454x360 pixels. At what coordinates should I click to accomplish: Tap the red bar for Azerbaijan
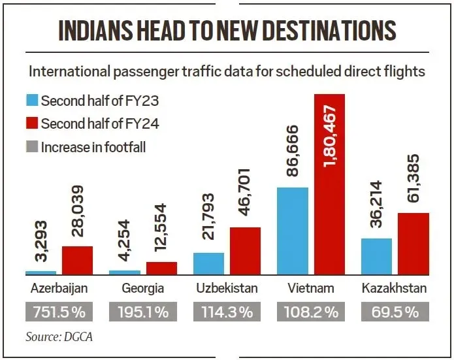(x=77, y=260)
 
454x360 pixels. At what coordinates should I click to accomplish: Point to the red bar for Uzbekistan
(x=245, y=251)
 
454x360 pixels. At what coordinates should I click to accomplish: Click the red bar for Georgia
(x=161, y=268)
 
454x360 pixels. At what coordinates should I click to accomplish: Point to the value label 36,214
(x=376, y=206)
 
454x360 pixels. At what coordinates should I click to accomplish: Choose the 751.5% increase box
(x=59, y=312)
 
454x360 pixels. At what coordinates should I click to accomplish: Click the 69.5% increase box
(x=394, y=312)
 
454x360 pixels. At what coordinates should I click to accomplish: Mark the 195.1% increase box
(x=142, y=312)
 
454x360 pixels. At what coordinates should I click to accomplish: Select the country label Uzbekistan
(x=227, y=288)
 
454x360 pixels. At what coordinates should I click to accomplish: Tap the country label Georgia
(x=142, y=288)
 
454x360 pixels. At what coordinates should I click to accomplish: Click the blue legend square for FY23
(x=32, y=101)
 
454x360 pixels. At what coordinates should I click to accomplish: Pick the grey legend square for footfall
(x=32, y=147)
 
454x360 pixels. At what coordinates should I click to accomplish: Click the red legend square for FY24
(x=32, y=124)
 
